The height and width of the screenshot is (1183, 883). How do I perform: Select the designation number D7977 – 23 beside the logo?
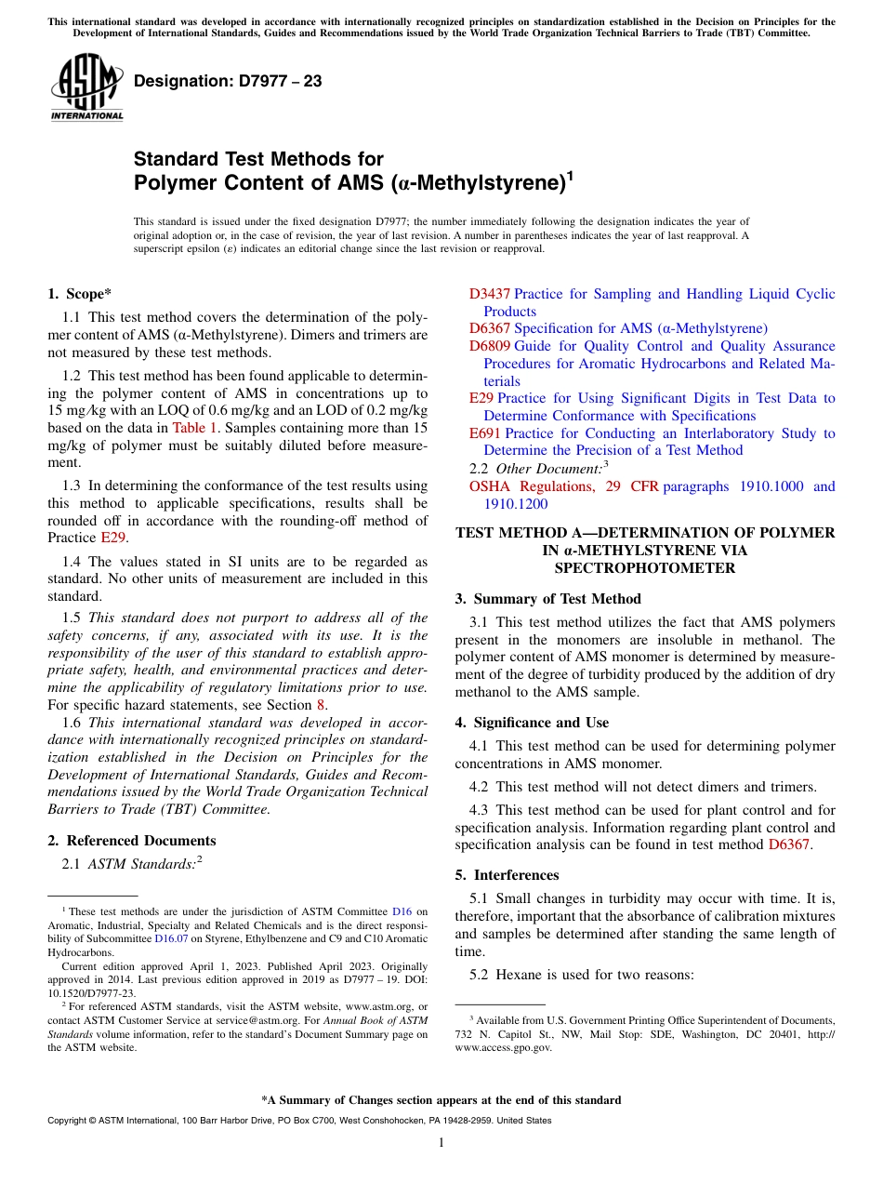228,81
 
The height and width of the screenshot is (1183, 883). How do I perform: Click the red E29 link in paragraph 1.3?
111,538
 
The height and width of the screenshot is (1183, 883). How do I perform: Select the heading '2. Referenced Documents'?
131,841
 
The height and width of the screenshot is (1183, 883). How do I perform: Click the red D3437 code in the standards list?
489,294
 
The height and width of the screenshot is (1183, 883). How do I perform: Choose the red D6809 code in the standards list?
489,346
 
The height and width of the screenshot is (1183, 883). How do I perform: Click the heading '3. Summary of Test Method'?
547,599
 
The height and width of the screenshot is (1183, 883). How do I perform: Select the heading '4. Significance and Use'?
532,723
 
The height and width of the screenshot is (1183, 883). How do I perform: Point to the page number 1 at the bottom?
441,1142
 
